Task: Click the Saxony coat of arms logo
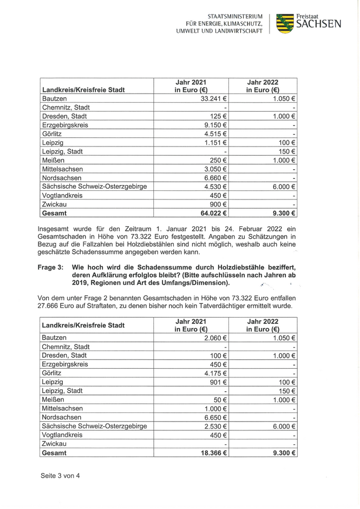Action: (285, 23)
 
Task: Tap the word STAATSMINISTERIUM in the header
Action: (235, 16)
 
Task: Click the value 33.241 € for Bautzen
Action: (214, 98)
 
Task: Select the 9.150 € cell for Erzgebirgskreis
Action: (216, 125)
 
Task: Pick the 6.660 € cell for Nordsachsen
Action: (216, 178)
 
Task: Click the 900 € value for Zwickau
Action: (220, 205)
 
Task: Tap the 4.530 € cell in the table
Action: (216, 187)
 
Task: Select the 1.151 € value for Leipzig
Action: (216, 142)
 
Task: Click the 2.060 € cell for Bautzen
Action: (216, 338)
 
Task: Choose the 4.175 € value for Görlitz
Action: (216, 373)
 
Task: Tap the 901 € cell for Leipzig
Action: (220, 382)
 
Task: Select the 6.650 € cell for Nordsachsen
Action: (216, 417)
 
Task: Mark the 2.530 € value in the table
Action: (216, 426)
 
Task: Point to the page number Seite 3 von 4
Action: (60, 476)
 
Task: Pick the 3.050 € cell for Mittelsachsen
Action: (216, 169)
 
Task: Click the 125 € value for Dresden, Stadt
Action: (220, 116)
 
